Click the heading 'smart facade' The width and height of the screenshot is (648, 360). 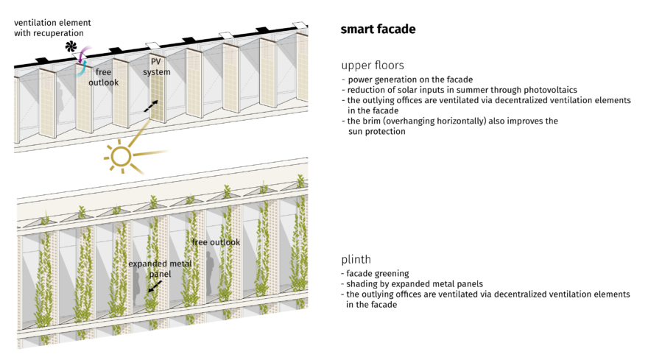tap(378, 29)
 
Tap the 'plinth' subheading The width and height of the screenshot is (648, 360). tap(357, 260)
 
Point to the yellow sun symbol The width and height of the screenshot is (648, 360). tap(119, 155)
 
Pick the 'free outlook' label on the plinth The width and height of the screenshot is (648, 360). tap(215, 242)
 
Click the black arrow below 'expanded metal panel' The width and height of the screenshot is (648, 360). tap(150, 289)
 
